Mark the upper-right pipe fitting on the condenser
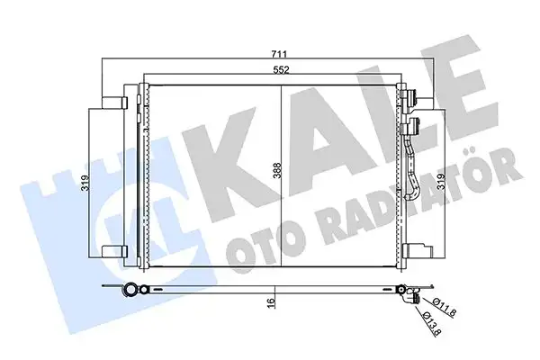[412, 101]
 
